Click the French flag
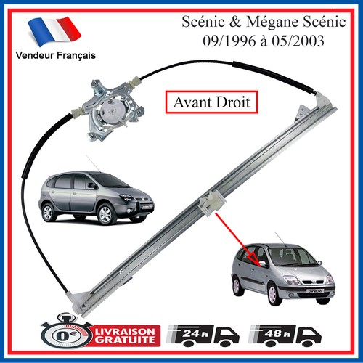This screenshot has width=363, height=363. pos(54,31)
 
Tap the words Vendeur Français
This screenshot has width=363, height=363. pos(56,55)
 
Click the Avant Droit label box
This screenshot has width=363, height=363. pos(211,102)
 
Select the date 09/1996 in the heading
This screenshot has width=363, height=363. pos(229,41)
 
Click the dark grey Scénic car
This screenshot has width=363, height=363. pos(96,197)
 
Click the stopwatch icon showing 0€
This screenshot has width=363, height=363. pos(65,334)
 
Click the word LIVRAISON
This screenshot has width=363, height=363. pos(125,331)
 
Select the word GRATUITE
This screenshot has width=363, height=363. pos(125,340)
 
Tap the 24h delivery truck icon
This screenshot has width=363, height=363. pos(203,335)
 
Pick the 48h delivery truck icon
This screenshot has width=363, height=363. pos(285,335)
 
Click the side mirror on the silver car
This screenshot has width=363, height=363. pos(264,264)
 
